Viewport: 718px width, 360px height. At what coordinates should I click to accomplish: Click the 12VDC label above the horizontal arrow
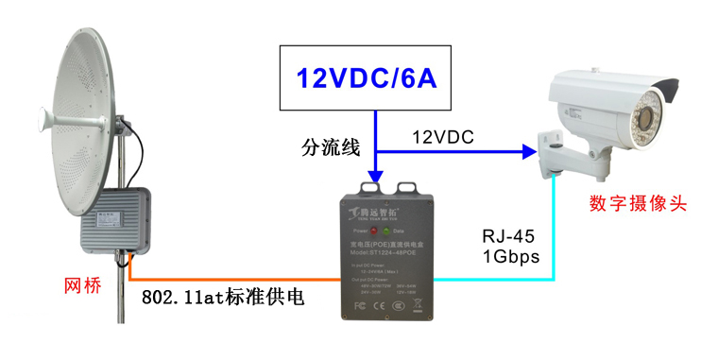click(x=442, y=138)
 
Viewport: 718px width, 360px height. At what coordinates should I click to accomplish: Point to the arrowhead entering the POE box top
click(x=376, y=177)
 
